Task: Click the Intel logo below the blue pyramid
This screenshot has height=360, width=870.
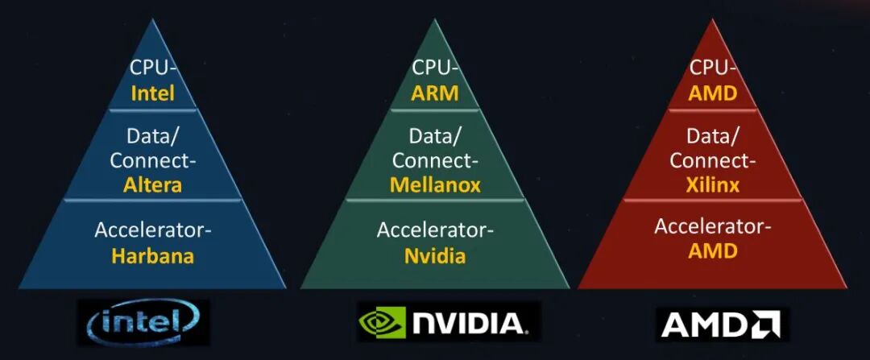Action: click(x=143, y=322)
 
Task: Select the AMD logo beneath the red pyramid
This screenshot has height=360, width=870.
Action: click(x=723, y=324)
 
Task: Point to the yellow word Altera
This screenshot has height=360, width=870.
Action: click(x=153, y=185)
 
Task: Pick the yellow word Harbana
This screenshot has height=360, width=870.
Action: click(x=153, y=256)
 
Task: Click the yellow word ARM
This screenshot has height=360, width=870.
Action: click(x=435, y=93)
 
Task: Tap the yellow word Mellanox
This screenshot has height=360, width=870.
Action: click(x=435, y=185)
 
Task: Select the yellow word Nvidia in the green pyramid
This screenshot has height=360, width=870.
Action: click(x=435, y=256)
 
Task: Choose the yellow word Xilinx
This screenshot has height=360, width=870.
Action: click(x=713, y=185)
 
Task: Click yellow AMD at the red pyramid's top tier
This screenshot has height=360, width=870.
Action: click(x=713, y=93)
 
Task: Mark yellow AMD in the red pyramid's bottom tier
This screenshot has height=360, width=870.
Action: click(x=713, y=250)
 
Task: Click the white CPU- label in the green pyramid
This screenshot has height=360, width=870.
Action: click(x=435, y=68)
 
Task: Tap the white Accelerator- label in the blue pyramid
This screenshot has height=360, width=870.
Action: click(x=153, y=230)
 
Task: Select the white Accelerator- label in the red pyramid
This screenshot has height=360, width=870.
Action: click(x=713, y=226)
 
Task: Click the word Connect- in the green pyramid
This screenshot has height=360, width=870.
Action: click(x=435, y=160)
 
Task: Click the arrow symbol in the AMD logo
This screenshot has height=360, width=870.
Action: click(x=766, y=324)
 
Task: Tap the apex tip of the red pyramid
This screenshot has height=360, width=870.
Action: click(x=713, y=21)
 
